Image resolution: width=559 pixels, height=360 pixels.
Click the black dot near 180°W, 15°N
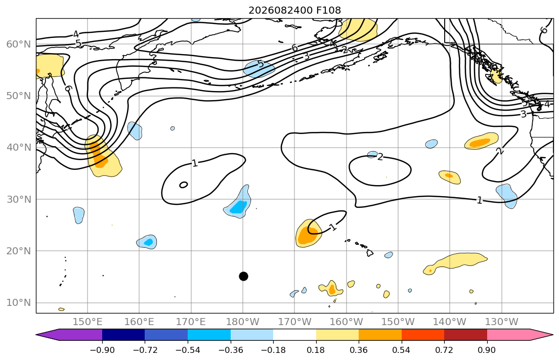pos(243,276)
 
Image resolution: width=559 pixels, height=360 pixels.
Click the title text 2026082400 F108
pos(294,10)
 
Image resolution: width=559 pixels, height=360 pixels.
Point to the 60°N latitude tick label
pos(19,44)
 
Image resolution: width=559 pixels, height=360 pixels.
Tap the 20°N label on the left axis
pos(19,251)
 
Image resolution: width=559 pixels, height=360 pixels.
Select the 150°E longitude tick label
pos(88,322)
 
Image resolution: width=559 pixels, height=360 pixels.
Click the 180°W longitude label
pos(243,322)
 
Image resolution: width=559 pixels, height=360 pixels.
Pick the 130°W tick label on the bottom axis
pos(502,322)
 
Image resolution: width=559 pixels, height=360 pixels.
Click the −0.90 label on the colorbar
pos(102,350)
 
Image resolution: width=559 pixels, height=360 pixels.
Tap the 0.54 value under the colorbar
pos(402,350)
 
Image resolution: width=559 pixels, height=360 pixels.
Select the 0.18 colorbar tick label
pos(316,350)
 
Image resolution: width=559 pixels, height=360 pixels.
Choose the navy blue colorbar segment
pos(123,335)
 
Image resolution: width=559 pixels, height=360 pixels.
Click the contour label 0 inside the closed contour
pos(183,185)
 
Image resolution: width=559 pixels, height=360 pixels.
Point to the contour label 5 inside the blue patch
pos(261,64)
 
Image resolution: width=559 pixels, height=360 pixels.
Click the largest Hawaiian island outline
pos(370,253)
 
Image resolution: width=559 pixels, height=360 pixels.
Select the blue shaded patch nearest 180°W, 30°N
pos(237,202)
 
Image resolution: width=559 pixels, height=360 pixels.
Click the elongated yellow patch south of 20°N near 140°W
pos(455,263)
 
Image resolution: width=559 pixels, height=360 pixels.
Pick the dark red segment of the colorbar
pos(465,335)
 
